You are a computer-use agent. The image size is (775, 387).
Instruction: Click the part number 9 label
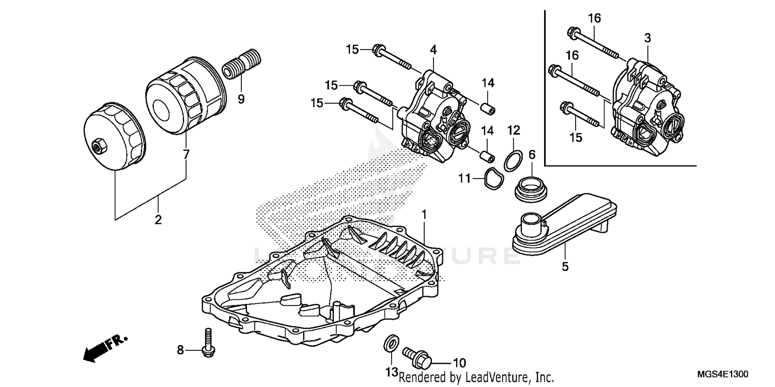(x=241, y=99)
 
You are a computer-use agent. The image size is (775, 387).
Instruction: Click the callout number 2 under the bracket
(x=158, y=219)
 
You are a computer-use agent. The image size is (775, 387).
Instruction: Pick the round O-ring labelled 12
(x=511, y=160)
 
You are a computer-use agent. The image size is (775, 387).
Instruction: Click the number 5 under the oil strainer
(x=565, y=267)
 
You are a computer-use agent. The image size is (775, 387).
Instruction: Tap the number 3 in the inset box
(x=647, y=38)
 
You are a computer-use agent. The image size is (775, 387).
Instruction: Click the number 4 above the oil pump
(x=433, y=50)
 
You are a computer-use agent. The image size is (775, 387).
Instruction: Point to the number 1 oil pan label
(x=424, y=213)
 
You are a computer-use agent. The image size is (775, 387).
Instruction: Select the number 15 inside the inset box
(x=576, y=137)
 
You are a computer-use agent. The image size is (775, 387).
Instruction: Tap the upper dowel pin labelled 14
(x=488, y=110)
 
